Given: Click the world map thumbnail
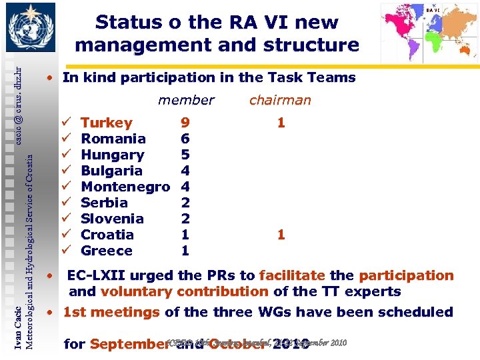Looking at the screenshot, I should click(429, 31).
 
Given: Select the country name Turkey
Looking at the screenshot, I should click(107, 123).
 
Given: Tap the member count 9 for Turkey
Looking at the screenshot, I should click(185, 123).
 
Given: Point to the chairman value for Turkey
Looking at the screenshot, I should click(281, 123).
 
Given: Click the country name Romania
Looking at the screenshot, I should click(113, 139).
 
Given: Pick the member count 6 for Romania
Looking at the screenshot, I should click(185, 139).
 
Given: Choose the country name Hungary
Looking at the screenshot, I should click(113, 155).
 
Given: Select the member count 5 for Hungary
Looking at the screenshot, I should click(185, 155).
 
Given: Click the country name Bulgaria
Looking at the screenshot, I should click(111, 171).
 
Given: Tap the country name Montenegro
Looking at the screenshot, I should click(125, 187).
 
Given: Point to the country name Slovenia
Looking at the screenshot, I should click(112, 219).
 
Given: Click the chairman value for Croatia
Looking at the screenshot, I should click(281, 235).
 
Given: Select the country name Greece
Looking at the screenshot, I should click(107, 251).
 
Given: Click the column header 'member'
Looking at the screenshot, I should click(186, 100).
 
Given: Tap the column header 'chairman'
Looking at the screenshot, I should click(280, 100).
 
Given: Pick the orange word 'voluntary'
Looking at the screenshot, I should click(136, 291).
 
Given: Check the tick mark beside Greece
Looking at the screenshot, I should click(66, 251).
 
